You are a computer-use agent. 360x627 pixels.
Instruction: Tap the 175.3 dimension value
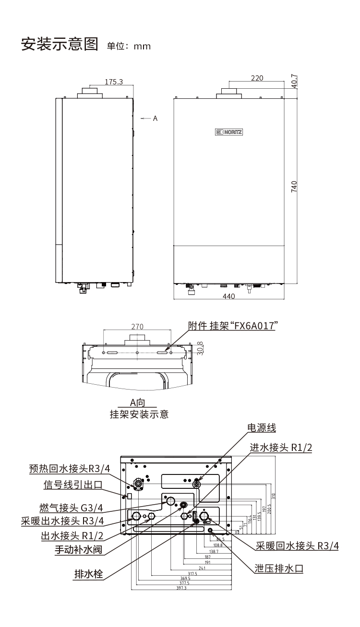(x=114, y=82)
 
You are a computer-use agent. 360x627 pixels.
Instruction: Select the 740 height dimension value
(x=294, y=186)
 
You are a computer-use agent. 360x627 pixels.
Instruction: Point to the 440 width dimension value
(x=229, y=296)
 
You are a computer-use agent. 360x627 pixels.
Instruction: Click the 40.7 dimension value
(x=294, y=80)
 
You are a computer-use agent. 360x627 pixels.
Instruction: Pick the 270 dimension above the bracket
(x=137, y=327)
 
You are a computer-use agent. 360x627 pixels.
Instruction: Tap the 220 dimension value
(x=257, y=78)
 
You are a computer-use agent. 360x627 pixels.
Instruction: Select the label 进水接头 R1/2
(x=281, y=447)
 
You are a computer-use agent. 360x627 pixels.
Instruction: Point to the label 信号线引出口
(x=73, y=485)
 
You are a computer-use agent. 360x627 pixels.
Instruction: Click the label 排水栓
(x=88, y=573)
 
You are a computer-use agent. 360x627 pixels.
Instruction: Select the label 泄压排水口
(x=279, y=568)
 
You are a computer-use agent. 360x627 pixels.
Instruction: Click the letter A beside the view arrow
(x=155, y=118)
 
